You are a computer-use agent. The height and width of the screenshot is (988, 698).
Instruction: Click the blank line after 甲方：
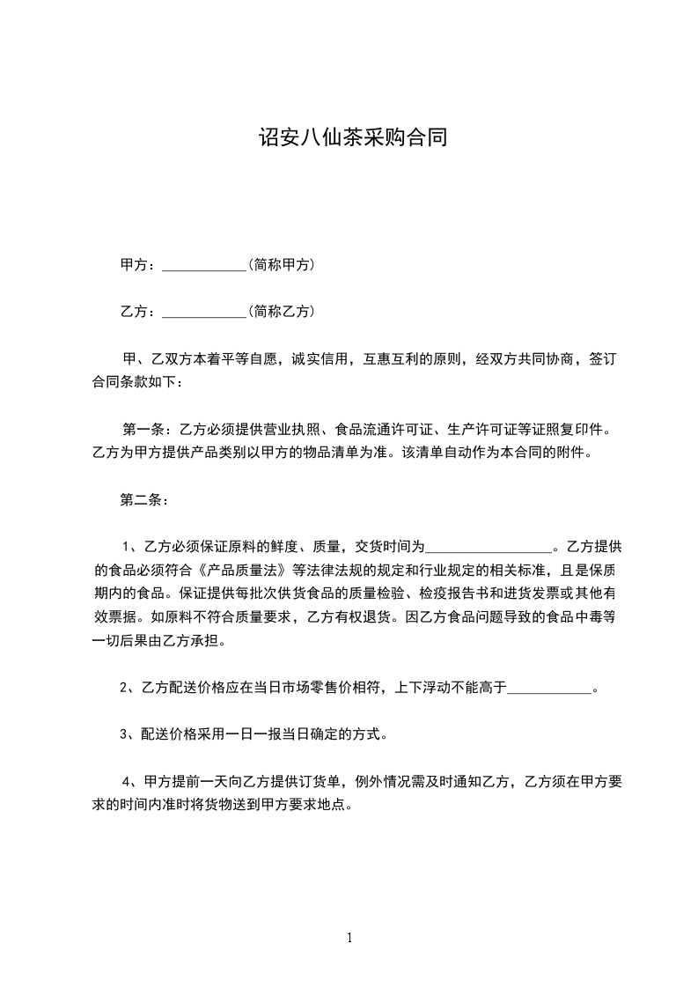(204, 266)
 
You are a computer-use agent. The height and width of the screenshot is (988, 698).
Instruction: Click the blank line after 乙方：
(204, 313)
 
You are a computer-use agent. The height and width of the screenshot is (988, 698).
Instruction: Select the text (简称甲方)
(282, 264)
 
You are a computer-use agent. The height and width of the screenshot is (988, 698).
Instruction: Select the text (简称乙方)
(282, 311)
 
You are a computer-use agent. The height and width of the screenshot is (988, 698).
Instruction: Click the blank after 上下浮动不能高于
(550, 689)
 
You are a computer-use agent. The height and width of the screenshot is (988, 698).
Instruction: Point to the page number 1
(349, 938)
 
